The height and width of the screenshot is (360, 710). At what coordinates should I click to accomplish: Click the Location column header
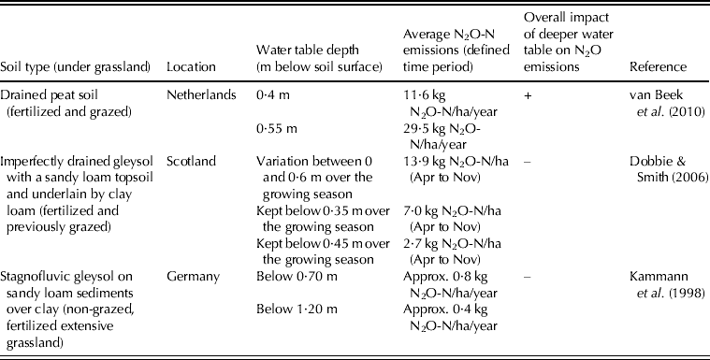point(190,67)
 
